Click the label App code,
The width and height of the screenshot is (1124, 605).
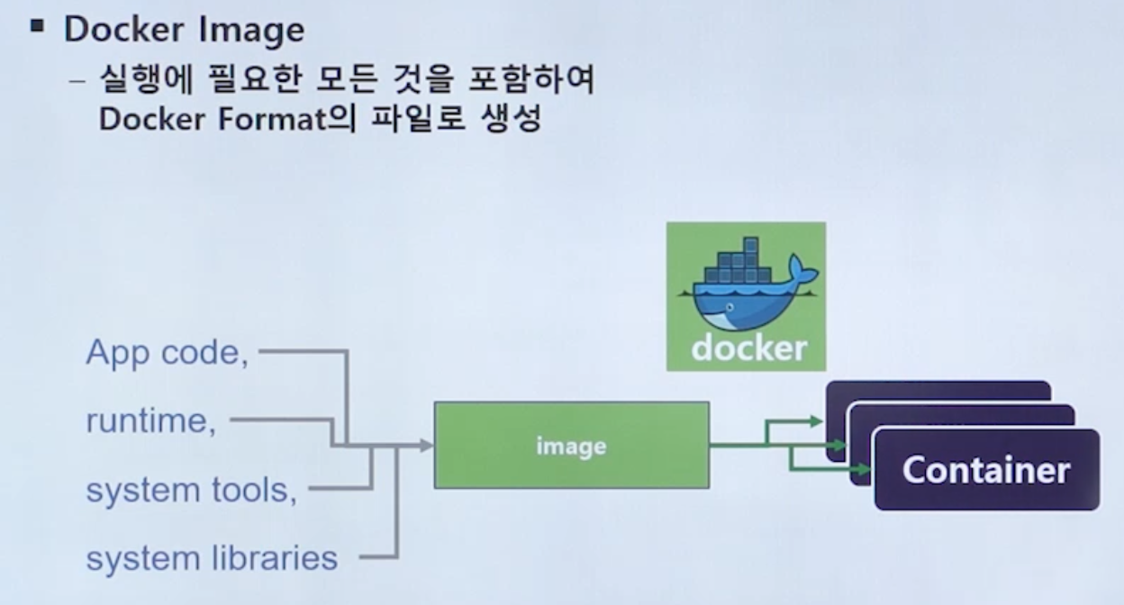click(167, 353)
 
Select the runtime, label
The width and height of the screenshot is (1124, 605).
click(150, 421)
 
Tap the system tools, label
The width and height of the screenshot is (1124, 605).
click(191, 491)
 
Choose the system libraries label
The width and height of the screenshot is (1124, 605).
click(212, 558)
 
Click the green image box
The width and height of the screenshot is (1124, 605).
click(571, 446)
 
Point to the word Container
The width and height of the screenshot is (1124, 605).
click(986, 470)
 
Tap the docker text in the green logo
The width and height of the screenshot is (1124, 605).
click(748, 348)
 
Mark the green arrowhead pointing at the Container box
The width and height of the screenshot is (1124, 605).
click(866, 469)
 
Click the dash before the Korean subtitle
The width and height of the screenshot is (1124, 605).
click(79, 82)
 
